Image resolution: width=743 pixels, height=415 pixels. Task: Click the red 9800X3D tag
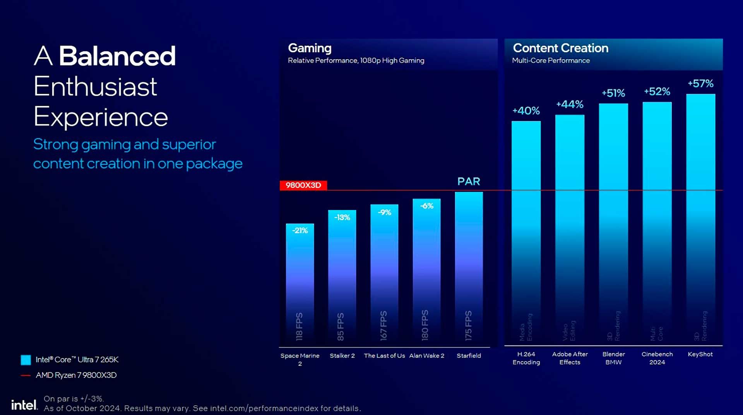(x=303, y=185)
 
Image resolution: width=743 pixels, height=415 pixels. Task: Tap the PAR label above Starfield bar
(x=469, y=181)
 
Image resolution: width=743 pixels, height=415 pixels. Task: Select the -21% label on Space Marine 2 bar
(x=300, y=231)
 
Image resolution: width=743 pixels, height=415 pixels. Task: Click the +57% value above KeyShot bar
(x=700, y=83)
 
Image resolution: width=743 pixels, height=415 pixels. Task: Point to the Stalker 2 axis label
(x=342, y=356)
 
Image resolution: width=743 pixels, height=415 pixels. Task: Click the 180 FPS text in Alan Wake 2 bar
(x=425, y=325)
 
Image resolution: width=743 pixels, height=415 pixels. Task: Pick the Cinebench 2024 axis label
(x=657, y=358)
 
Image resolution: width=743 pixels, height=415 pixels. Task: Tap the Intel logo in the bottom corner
(x=24, y=405)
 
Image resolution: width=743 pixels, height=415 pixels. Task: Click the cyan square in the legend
(x=26, y=360)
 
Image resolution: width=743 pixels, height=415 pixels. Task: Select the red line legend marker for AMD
(x=26, y=375)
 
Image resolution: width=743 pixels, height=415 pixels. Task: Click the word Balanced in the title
(x=117, y=56)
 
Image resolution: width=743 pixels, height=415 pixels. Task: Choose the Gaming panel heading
(x=310, y=48)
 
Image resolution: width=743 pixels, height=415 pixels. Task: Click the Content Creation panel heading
(x=560, y=48)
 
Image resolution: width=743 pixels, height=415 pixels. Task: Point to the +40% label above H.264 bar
(x=526, y=111)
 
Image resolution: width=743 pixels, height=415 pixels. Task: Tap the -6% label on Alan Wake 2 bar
(x=426, y=206)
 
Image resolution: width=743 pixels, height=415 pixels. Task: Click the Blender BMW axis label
(x=613, y=358)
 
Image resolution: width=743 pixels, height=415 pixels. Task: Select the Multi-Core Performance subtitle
(x=551, y=61)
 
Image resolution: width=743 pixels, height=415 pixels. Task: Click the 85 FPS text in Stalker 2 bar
(x=341, y=327)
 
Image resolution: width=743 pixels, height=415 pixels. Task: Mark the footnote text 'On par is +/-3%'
(x=74, y=399)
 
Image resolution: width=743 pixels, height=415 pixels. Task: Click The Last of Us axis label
(x=384, y=356)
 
